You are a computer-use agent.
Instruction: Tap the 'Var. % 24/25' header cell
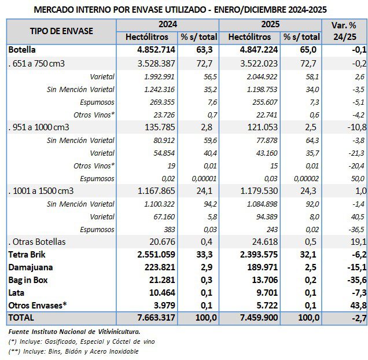[344, 31]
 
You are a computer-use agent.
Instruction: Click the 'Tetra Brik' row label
[27, 254]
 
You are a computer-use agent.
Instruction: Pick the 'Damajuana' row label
[30, 267]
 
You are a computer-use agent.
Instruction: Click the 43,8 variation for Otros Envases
[356, 305]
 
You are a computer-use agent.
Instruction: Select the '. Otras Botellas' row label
[36, 241]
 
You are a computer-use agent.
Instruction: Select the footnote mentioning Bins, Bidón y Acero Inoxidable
[74, 351]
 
